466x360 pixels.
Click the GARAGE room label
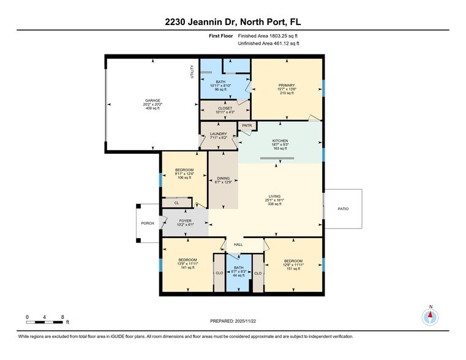tap(152, 100)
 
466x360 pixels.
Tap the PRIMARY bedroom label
tap(287, 86)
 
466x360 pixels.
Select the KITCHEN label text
tap(280, 141)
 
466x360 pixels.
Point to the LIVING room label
tap(275, 196)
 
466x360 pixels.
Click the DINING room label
tap(223, 179)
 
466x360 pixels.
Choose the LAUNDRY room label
tap(219, 134)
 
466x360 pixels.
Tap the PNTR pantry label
tap(247, 126)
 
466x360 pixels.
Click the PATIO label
tap(343, 209)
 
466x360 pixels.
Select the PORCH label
tap(148, 223)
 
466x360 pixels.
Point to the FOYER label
tap(186, 220)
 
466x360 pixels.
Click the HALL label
tap(238, 244)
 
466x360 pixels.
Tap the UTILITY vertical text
tap(192, 72)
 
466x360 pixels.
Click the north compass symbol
tap(430, 316)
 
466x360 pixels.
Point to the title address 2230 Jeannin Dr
tap(233, 23)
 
